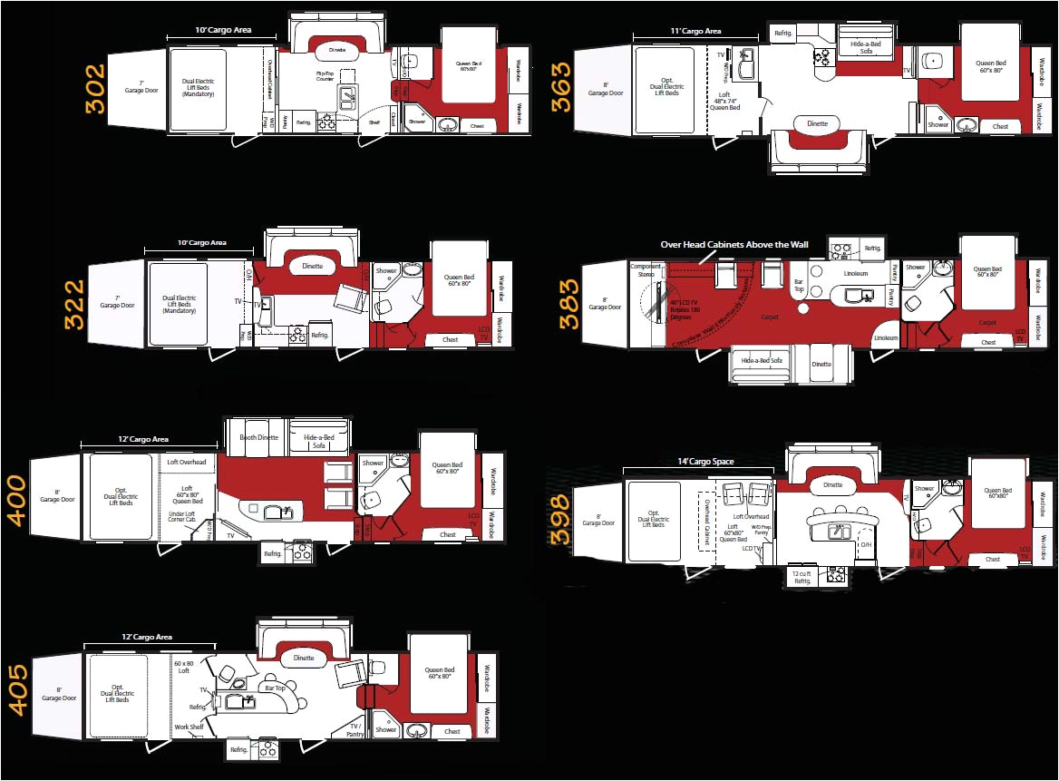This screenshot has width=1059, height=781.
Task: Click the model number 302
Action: [94, 88]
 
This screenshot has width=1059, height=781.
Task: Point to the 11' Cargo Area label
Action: [696, 31]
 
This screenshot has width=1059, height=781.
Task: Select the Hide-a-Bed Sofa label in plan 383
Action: [762, 360]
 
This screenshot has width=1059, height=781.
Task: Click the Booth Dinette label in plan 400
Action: [259, 437]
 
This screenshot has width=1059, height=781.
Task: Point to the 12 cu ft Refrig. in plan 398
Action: [802, 576]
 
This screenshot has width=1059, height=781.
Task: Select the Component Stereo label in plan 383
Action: [646, 269]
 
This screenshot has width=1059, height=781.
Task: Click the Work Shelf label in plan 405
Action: [189, 727]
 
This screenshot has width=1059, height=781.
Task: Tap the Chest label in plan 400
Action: [448, 534]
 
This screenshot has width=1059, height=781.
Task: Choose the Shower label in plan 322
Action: [387, 270]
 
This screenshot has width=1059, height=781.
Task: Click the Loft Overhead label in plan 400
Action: [187, 463]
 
